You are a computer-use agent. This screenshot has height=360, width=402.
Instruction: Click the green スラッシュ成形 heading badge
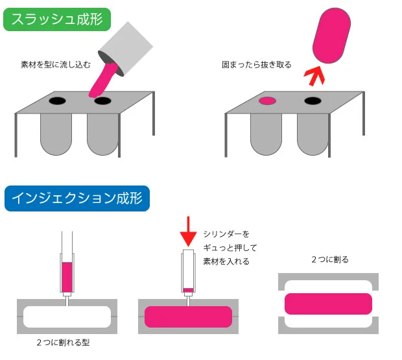pos(57,19)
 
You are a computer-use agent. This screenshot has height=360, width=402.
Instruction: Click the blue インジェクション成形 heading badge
pos(77,198)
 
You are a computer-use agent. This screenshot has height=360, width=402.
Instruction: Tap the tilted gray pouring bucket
pos(126,49)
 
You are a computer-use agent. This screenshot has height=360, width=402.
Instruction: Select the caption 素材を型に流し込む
pos(56,65)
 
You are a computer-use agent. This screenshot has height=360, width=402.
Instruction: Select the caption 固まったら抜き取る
pos(257,65)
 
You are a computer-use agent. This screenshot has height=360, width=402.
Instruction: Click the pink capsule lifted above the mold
pos(331,36)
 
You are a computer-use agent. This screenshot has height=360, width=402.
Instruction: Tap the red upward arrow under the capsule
pos(314,76)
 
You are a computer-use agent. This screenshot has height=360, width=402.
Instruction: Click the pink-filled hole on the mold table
pos(267,101)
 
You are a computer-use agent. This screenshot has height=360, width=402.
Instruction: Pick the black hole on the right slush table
pos(313,101)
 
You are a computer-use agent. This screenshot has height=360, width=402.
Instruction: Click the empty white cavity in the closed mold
pos(67,317)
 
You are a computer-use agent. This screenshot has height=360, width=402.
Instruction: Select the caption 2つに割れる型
pos(63,342)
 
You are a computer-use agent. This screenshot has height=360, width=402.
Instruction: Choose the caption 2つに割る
pos(330,259)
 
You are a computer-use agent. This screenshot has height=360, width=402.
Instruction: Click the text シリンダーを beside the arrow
pos(226,234)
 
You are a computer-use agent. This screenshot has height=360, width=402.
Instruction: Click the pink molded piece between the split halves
pos(329,304)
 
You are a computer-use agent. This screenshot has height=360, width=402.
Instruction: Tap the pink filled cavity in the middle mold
pos(188,317)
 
